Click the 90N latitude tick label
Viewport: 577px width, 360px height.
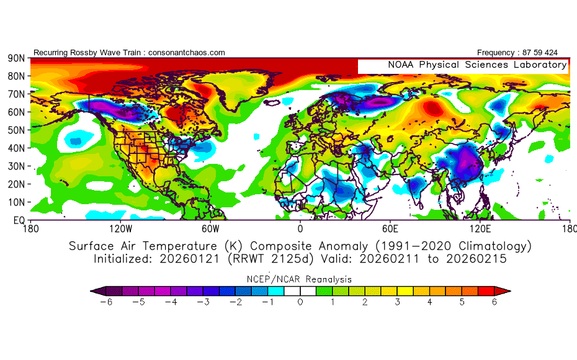pos(16,58)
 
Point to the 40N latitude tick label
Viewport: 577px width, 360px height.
pos(16,148)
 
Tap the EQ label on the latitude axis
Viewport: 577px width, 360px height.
pos(17,220)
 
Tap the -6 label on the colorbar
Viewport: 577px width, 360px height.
pos(104,302)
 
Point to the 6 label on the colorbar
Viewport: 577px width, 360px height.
pos(494,302)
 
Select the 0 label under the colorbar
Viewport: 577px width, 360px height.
pos(300,302)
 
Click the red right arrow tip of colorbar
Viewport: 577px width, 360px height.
pos(506,290)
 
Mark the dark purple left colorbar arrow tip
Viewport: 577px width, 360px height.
pos(94,290)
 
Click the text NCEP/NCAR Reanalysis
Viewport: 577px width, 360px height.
pos(300,279)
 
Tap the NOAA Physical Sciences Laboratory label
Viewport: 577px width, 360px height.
pos(477,65)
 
